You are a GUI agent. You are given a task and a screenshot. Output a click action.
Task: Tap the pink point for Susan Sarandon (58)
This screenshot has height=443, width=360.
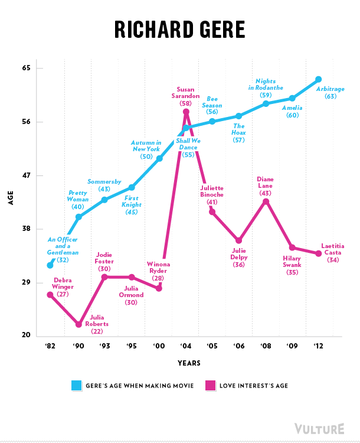[x=186, y=112]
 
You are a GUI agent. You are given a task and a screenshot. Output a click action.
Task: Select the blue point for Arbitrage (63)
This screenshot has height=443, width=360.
[x=319, y=79]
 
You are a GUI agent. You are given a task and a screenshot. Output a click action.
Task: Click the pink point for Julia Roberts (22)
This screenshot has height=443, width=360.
[x=78, y=324]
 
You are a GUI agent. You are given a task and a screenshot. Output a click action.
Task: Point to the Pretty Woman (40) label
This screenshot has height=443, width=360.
[x=78, y=200]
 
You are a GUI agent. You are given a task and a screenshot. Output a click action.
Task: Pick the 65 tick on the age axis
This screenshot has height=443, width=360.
[x=26, y=69]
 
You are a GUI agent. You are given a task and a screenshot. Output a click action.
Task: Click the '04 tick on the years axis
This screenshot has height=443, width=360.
[x=186, y=346]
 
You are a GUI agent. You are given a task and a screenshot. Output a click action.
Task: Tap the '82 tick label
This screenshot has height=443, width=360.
[x=50, y=346]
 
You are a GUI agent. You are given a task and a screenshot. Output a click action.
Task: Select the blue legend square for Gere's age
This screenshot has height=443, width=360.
[x=77, y=386]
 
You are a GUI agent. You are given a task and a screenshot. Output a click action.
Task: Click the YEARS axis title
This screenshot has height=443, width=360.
[x=188, y=363]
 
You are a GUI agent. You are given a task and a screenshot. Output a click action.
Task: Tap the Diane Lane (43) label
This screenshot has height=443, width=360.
[x=266, y=186]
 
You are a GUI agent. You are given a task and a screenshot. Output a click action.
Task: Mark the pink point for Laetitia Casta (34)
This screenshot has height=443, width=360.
[x=319, y=253]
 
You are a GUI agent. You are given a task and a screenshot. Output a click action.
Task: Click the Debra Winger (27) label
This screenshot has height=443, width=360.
[x=63, y=286]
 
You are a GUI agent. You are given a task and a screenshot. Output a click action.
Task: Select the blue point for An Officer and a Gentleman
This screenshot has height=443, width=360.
[x=50, y=265]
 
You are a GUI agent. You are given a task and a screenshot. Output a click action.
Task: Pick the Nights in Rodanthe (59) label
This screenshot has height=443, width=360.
[x=266, y=87]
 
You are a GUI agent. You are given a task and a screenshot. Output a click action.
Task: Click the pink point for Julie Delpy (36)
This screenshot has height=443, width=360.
[x=239, y=240]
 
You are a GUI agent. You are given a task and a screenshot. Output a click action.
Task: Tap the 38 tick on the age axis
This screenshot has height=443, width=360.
[x=26, y=229]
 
